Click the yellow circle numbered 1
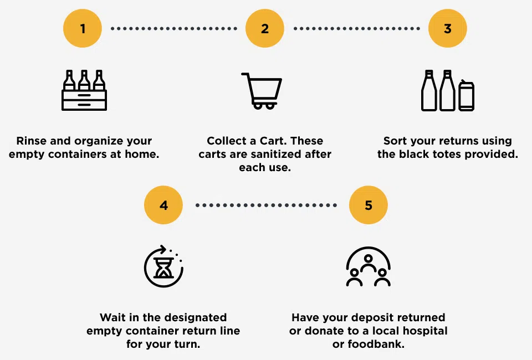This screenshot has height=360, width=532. click(83, 28)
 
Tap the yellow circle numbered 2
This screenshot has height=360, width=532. click(265, 28)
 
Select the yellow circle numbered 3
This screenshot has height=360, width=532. click(448, 28)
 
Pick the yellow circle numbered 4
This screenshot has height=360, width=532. click(163, 205)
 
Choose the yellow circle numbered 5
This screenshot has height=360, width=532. click(369, 205)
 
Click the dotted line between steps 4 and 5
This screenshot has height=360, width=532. click(266, 205)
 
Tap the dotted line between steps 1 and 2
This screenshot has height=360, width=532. click(174, 28)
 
